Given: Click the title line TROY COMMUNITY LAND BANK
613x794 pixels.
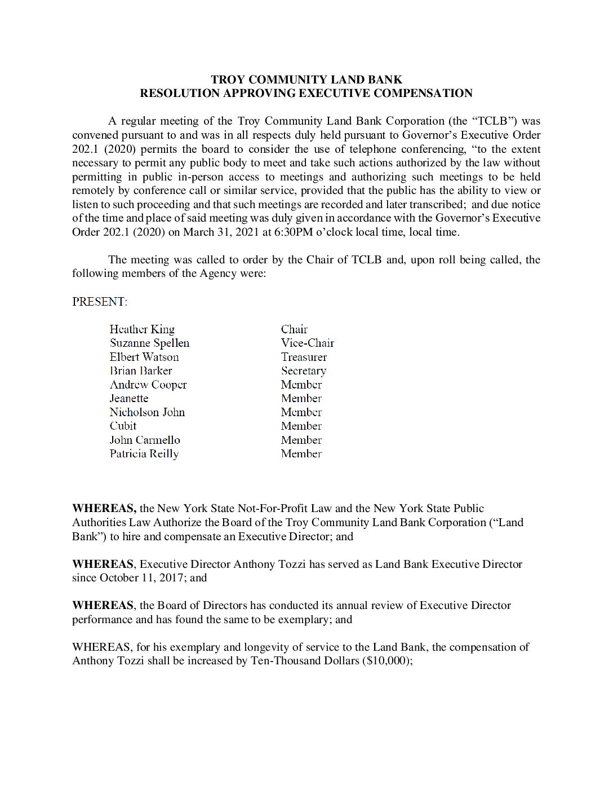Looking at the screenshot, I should click(x=306, y=80).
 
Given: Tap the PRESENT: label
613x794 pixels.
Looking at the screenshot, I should click(x=100, y=302).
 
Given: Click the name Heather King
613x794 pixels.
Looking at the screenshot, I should click(x=142, y=329).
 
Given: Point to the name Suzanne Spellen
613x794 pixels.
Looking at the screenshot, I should click(x=149, y=343).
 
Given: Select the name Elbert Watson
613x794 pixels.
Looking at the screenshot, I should click(x=144, y=357).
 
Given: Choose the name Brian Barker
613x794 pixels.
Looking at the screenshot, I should click(x=141, y=370).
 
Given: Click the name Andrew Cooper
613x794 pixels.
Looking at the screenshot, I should click(x=148, y=385).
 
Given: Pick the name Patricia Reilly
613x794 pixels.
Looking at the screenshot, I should click(x=144, y=454).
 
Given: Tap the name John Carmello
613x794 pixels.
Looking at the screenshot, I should click(x=145, y=440).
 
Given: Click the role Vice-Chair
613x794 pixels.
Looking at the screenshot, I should click(x=307, y=343).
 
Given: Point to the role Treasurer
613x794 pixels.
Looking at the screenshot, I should click(x=304, y=357).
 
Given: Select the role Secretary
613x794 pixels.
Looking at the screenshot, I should click(x=303, y=370).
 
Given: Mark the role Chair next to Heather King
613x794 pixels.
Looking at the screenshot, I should click(x=294, y=329).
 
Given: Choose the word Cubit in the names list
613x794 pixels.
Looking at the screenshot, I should click(x=123, y=426).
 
